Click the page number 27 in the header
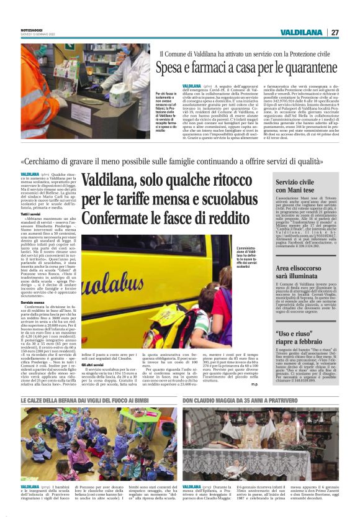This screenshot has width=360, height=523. tap(335, 32)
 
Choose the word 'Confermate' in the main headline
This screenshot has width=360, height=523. tap(117, 219)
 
